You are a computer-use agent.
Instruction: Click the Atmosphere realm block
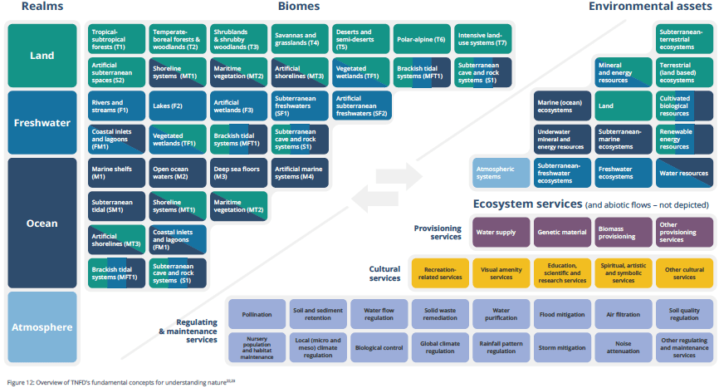[x=42, y=327]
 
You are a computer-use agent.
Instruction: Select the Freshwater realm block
[x=42, y=124]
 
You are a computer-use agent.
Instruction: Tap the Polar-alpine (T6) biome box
[x=422, y=39]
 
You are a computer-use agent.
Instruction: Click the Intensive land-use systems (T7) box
[x=483, y=39]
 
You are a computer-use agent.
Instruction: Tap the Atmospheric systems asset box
[x=501, y=173]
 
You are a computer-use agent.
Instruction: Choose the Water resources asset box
[x=684, y=173]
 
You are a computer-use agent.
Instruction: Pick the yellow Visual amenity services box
[x=501, y=273]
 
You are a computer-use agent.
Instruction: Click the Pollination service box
[x=257, y=315]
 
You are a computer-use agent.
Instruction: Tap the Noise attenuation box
[x=623, y=345]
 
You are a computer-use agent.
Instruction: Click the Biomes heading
[x=299, y=7]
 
